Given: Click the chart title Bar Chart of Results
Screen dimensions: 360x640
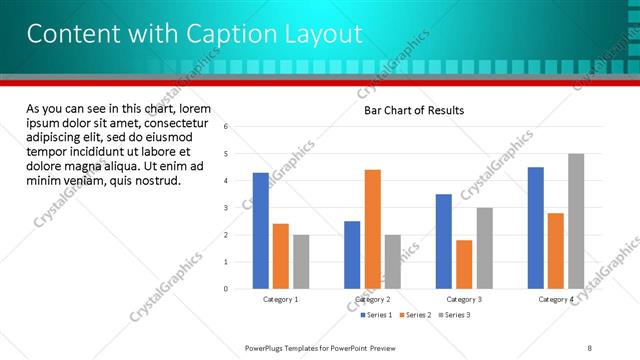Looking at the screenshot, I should [x=413, y=110].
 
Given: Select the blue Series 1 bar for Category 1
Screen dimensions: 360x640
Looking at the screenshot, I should [x=261, y=230].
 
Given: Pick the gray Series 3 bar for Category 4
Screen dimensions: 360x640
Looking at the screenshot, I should [x=576, y=221].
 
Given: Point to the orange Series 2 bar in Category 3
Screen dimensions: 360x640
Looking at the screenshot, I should [x=464, y=264].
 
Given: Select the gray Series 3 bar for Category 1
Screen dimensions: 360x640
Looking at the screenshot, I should [x=301, y=262].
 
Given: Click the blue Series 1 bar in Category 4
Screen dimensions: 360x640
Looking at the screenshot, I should [x=536, y=227].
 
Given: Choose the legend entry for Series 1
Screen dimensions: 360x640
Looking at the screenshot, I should [x=378, y=315].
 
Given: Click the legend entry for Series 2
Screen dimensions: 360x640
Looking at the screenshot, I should [x=415, y=315].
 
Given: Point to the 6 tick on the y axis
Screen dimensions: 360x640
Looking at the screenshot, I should [x=226, y=127].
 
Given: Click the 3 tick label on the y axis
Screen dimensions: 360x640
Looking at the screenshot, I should [x=226, y=208].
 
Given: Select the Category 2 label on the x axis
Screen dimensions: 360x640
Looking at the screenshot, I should [x=372, y=299].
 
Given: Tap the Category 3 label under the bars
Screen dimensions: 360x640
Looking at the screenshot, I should [x=464, y=299].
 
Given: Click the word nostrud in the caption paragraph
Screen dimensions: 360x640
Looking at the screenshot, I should [x=156, y=181].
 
